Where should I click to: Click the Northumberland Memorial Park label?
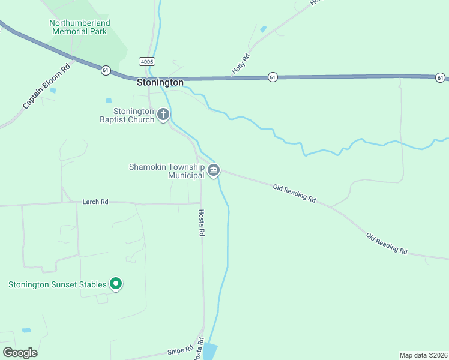coord(80,27)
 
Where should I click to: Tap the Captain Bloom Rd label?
coord(46,86)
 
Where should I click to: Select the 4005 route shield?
coord(146,62)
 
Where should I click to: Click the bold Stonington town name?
coord(160,83)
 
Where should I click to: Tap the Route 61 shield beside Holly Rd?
coord(273,77)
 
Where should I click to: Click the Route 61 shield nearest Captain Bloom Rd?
coord(106,70)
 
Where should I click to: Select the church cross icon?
coord(163,114)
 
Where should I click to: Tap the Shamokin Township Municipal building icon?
coord(213,171)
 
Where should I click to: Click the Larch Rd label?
coord(95,202)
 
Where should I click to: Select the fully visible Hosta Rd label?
coord(202,222)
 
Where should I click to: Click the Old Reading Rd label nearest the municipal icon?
coord(294,193)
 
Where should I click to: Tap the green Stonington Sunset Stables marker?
coord(116,284)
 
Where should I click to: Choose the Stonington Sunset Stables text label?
coord(58,284)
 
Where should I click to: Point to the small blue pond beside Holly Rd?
coord(263,29)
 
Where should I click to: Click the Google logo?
coord(20,353)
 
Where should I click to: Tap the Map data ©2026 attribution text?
coord(423,355)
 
